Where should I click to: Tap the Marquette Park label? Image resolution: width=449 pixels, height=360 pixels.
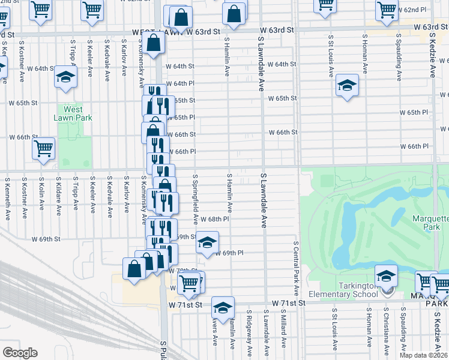pos(430,223)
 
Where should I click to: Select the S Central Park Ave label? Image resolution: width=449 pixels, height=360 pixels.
pos(296,263)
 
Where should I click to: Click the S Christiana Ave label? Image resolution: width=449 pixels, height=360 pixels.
pos(386,329)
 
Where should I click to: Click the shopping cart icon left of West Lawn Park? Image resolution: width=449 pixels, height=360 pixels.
pos(43,149)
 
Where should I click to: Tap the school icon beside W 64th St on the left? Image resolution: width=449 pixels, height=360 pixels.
pos(65,77)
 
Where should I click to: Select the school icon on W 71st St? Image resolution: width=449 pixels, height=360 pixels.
pos(223,308)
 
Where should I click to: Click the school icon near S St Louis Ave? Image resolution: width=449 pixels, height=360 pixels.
pos(347,85)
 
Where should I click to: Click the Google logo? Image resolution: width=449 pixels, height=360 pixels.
pos(20,352)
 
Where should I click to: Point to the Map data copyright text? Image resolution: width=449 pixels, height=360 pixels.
pos(424,355)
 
